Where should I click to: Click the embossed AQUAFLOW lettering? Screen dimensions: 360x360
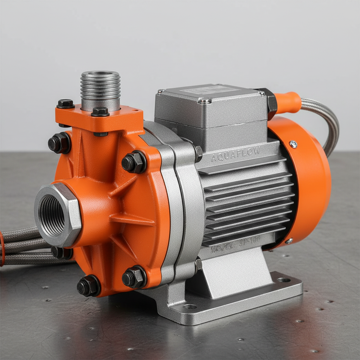236,154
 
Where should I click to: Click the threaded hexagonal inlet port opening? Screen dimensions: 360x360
52,216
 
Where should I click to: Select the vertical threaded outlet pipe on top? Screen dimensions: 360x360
100,88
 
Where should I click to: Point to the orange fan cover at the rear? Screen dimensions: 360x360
309,176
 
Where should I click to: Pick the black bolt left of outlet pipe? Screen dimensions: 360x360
65,103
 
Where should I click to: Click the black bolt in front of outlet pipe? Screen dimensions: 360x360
100,112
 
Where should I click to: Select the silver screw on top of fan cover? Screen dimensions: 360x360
293,144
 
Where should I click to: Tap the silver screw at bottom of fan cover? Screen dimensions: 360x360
289,241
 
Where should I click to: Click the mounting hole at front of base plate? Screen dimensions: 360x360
190,307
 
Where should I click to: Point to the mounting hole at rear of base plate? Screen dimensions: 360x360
283,280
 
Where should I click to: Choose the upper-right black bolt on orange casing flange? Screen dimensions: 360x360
133,162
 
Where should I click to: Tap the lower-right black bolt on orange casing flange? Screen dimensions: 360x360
133,277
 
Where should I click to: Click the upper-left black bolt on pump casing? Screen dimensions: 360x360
59,143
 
